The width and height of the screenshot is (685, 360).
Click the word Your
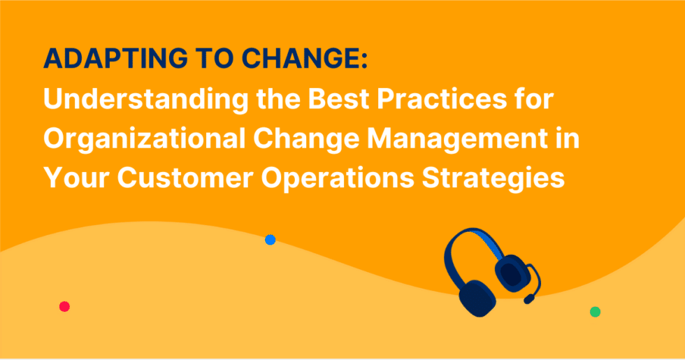click(76, 178)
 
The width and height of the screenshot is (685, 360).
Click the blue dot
click(270, 240)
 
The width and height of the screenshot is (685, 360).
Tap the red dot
click(64, 306)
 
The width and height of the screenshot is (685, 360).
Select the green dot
click(595, 312)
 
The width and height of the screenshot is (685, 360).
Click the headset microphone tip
click(528, 299)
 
